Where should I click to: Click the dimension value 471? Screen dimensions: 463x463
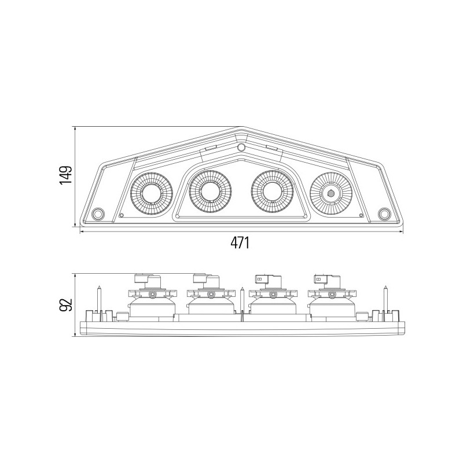(240, 242)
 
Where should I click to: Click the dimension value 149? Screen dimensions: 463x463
(65, 175)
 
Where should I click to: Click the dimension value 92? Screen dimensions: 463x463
(65, 305)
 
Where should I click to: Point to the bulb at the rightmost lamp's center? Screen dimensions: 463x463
(331, 193)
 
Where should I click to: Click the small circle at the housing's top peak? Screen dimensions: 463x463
(241, 147)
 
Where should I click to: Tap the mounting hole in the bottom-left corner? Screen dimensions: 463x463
(98, 214)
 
